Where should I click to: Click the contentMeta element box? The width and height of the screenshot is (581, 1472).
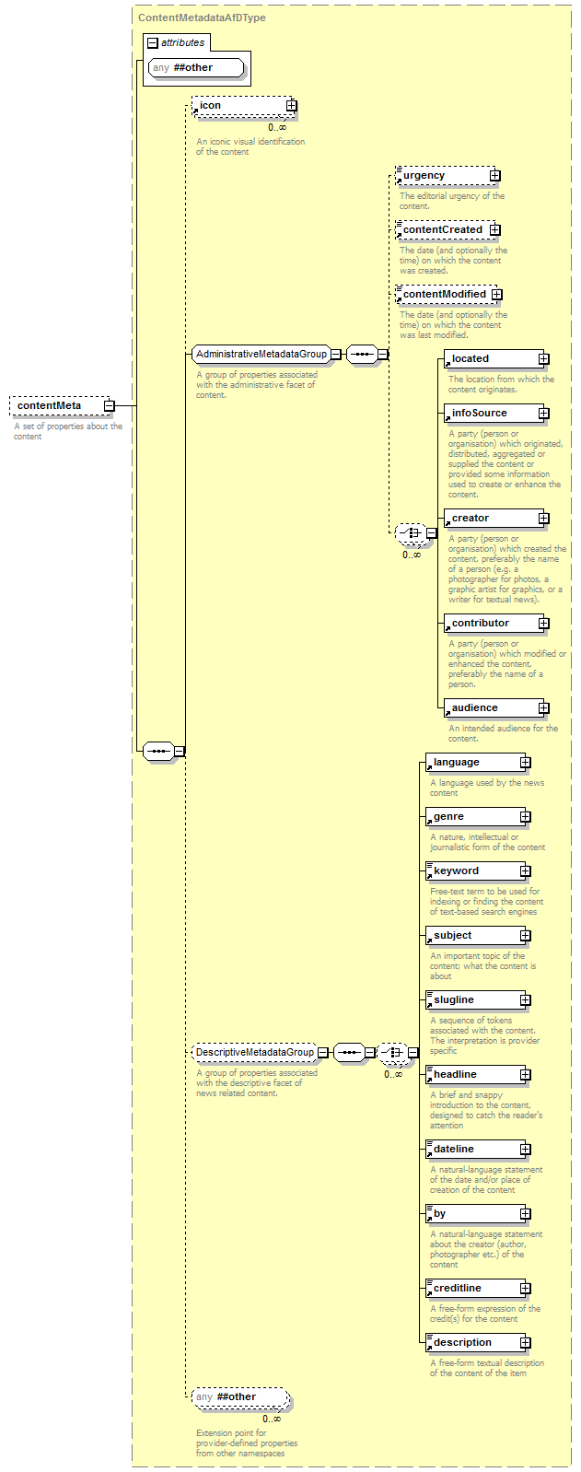click(x=55, y=405)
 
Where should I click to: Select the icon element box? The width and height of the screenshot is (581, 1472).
click(x=241, y=106)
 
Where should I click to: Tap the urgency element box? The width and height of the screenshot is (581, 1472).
click(x=442, y=175)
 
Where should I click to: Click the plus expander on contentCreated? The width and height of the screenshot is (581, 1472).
click(x=495, y=229)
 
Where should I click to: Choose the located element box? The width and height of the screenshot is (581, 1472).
click(x=491, y=359)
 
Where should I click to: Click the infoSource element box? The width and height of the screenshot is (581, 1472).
click(x=491, y=414)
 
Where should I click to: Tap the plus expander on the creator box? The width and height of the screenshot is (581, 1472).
click(x=544, y=519)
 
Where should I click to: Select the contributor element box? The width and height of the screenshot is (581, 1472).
click(x=491, y=624)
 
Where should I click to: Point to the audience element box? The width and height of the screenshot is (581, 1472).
click(x=491, y=708)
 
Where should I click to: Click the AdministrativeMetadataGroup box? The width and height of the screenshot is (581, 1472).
click(x=261, y=355)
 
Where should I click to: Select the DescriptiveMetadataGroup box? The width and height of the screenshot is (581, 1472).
click(x=254, y=1052)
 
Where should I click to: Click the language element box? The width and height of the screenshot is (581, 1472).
click(x=472, y=763)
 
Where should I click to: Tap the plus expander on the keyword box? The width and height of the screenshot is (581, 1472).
click(x=526, y=871)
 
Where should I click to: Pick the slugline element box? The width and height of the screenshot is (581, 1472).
click(x=472, y=1000)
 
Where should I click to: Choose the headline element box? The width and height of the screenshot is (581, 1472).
click(x=472, y=1075)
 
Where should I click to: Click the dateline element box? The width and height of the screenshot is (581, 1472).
click(x=472, y=1150)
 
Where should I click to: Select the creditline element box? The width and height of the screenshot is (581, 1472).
click(x=472, y=1289)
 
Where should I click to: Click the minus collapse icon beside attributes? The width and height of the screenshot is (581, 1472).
click(x=153, y=43)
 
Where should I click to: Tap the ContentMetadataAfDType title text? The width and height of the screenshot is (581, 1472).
click(x=202, y=18)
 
